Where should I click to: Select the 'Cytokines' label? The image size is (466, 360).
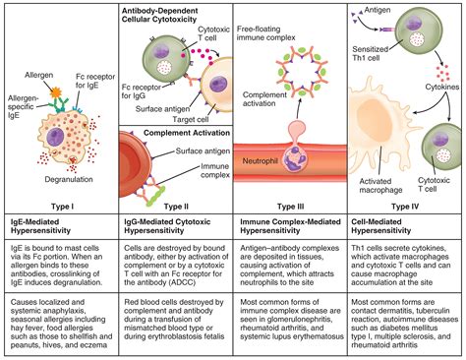[433, 84]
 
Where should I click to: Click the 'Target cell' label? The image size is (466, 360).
[201, 111]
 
